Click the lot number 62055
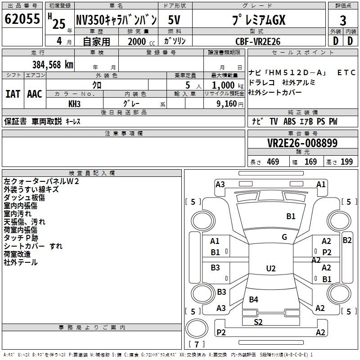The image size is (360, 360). click(x=22, y=19)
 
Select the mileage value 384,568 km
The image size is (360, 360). click(x=53, y=65)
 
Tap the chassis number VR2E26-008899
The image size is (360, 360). click(x=302, y=143)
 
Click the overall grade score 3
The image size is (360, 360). click(x=343, y=20)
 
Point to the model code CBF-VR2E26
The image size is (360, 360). click(x=258, y=41)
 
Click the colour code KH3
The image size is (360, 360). click(x=74, y=104)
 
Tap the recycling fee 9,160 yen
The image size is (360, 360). click(x=230, y=104)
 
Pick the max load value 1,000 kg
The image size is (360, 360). click(x=228, y=85)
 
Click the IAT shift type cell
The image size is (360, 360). click(x=13, y=94)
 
